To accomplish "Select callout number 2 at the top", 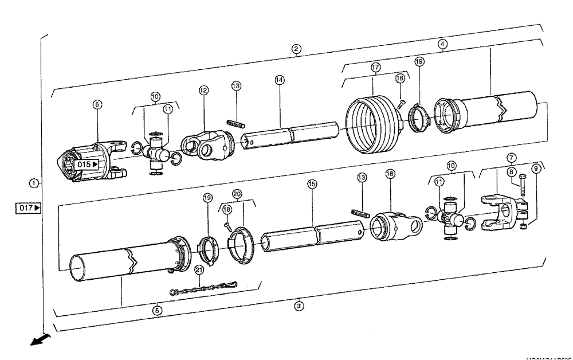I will pos(296,49).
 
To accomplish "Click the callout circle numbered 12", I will pos(203,90).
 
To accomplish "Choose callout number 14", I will pos(279,80).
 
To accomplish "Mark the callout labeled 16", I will pos(390,173).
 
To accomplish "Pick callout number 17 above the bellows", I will pos(375,66).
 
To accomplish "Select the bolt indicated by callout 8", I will pos(523,188).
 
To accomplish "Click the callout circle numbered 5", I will pos(158,310).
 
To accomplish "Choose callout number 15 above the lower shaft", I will pos(312,185).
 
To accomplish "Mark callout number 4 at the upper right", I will pos(443,42).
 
